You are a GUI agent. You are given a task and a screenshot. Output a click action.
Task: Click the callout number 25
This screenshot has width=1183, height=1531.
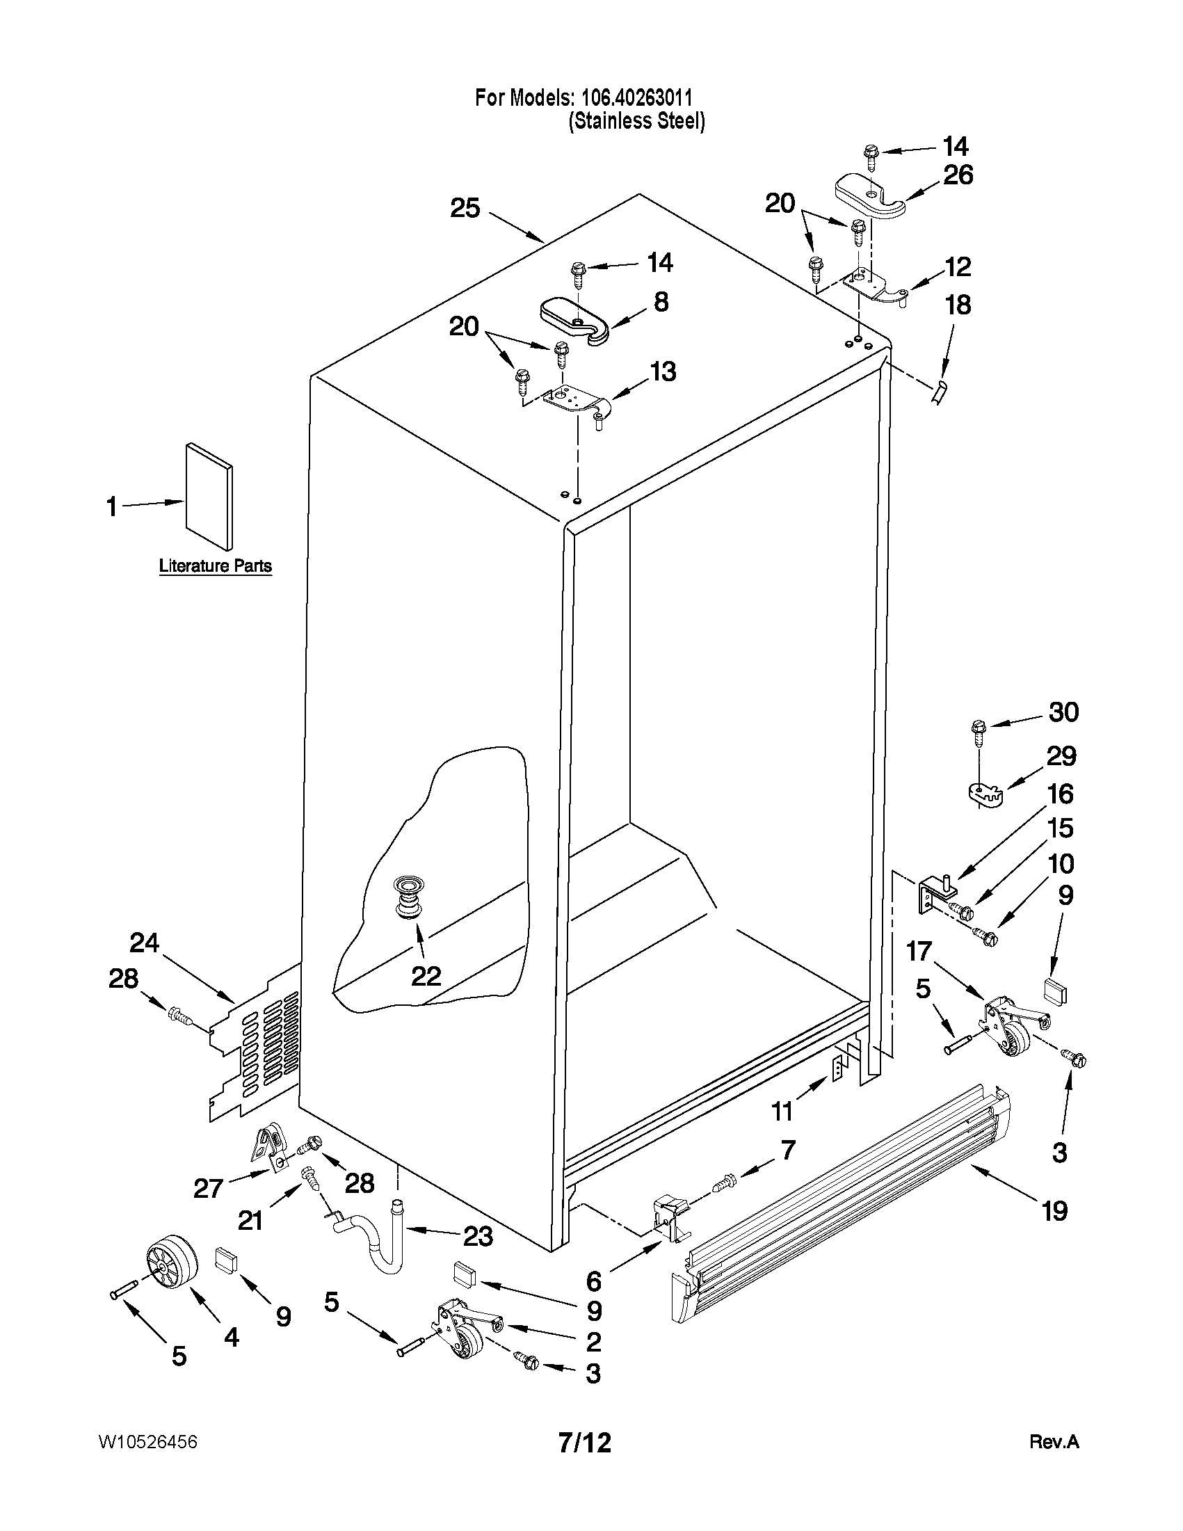point(465,208)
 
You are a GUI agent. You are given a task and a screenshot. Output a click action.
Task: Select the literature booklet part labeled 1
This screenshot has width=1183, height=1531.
point(209,496)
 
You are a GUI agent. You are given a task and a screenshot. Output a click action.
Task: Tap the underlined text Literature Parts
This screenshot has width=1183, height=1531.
point(215,566)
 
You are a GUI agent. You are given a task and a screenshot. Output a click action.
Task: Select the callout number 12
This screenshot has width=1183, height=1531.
point(958,266)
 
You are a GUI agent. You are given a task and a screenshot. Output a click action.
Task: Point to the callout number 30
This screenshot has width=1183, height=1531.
point(1063,712)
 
